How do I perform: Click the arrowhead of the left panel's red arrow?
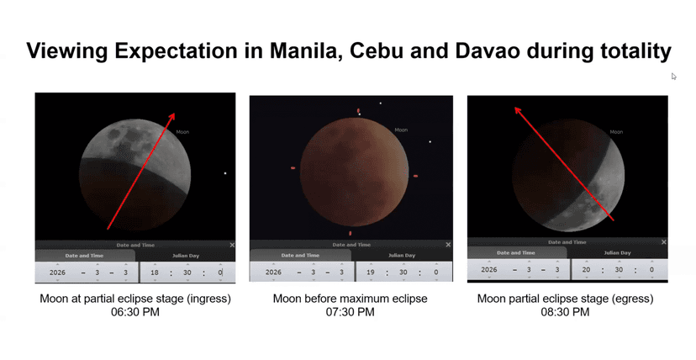171,116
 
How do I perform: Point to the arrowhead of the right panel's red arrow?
518,110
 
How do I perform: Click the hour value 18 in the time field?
155,273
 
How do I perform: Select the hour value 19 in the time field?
371,273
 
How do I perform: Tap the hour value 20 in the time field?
586,269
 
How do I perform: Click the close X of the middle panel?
448,245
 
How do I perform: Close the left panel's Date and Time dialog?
232,245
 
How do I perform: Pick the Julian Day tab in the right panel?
617,252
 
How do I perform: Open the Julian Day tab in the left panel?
186,256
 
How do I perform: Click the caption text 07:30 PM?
350,312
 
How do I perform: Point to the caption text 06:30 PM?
135,312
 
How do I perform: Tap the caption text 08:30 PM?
565,312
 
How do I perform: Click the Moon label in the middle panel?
401,130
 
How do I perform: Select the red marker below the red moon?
351,233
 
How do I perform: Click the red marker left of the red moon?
293,167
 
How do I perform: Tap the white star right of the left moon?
225,173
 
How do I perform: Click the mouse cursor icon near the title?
673,76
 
